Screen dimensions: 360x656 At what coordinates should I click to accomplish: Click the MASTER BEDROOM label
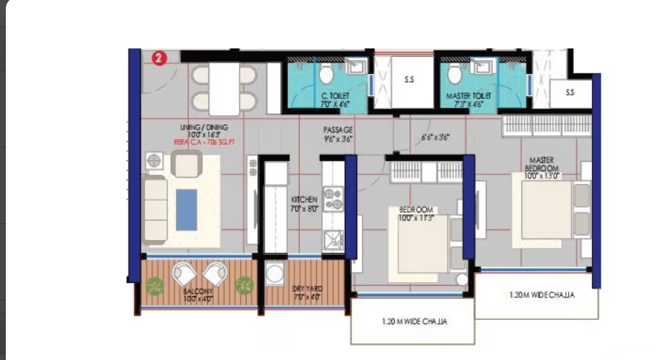[x=542, y=164]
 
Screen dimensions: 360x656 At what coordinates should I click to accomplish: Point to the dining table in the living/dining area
[x=225, y=88]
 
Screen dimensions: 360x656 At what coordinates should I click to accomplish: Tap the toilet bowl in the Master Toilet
[x=455, y=73]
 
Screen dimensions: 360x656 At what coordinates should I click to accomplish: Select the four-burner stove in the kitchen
[x=332, y=199]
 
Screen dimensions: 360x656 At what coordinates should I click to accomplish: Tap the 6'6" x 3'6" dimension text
[x=435, y=136]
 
